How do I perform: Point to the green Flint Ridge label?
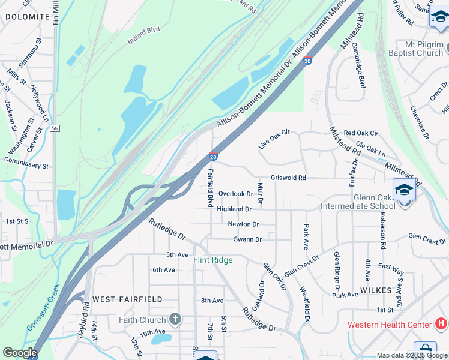click(x=212, y=260)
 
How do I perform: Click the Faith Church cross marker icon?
click(x=175, y=319)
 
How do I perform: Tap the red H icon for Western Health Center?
click(x=441, y=325)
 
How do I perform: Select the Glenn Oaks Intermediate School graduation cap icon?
click(x=404, y=190)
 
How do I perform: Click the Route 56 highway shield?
click(x=55, y=128)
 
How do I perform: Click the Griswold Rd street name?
click(x=288, y=178)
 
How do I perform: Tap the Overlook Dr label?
click(x=235, y=194)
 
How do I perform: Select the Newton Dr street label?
click(x=243, y=224)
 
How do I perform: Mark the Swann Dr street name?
click(x=247, y=239)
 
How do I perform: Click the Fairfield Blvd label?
click(x=211, y=188)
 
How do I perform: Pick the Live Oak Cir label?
click(x=274, y=139)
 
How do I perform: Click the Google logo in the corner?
click(x=20, y=353)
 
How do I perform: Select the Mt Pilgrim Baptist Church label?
click(x=415, y=49)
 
